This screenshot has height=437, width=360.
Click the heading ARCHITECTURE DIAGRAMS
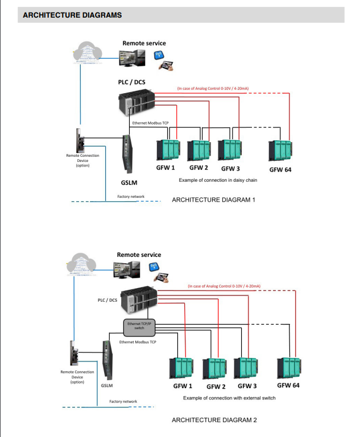pos(72,15)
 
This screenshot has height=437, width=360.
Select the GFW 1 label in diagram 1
pos(165,168)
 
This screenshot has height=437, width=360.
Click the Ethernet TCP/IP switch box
pos(139,326)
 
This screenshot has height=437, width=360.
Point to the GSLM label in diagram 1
pos(129,183)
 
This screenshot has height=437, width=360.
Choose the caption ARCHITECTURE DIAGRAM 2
pos(214,420)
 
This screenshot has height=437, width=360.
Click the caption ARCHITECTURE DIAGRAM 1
pos(213,200)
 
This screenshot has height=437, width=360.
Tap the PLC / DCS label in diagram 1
pos(131,82)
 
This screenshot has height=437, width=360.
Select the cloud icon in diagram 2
pos(82,265)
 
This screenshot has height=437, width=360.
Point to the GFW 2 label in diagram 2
pos(216,387)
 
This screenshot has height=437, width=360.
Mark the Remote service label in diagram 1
pos(144,43)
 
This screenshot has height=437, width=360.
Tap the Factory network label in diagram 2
pos(123,402)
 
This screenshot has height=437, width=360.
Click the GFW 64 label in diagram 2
pos(288,386)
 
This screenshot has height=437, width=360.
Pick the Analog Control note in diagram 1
pos(213,89)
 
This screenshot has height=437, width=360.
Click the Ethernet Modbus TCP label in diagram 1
pos(151,123)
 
